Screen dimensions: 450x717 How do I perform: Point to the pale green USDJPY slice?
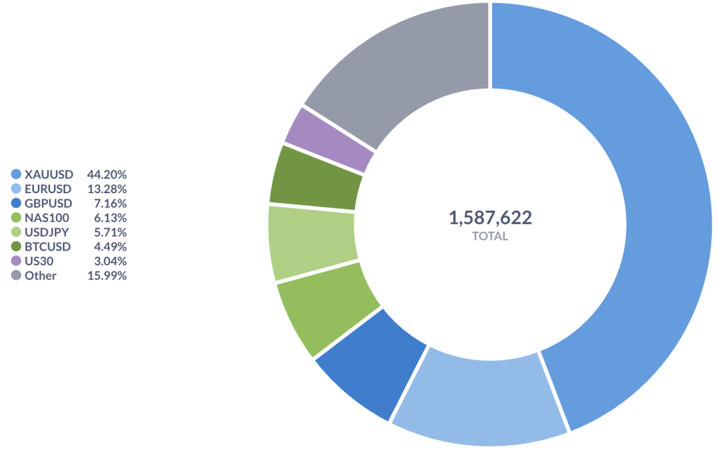(312, 241)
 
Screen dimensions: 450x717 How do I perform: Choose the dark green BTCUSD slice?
(319, 178)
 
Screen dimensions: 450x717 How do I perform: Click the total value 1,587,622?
(490, 218)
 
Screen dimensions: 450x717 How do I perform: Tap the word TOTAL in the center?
(490, 237)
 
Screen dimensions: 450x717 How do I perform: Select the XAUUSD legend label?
(49, 174)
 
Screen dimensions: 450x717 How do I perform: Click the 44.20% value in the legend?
(106, 174)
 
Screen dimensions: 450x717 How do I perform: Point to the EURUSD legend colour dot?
(16, 189)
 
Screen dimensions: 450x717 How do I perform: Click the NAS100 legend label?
(47, 218)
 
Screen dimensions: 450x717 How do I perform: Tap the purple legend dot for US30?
(16, 261)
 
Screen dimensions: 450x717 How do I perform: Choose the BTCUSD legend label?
(48, 246)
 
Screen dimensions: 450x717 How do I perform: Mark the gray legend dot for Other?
(16, 276)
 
